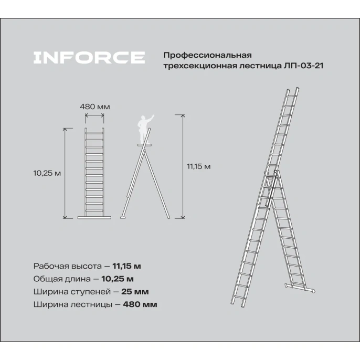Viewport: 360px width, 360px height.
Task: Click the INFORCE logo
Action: [x=89, y=57]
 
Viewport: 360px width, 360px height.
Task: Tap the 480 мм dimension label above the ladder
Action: [x=95, y=107]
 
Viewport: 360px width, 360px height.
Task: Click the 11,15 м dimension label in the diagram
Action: [x=198, y=166]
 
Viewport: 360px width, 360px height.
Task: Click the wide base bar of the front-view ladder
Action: [x=95, y=216]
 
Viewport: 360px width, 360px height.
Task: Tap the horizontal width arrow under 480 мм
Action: [x=95, y=115]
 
